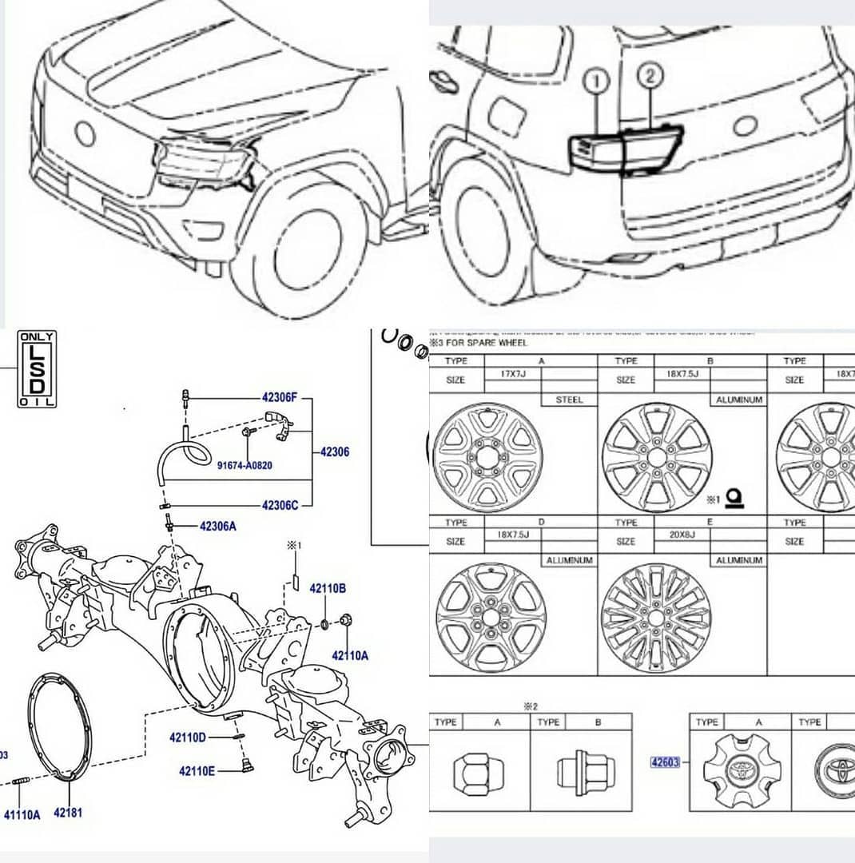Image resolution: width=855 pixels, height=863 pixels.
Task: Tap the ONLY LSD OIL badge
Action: tap(38, 369)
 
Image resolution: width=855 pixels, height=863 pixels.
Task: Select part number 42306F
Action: tap(279, 396)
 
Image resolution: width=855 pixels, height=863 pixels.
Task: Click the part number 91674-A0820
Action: tap(245, 465)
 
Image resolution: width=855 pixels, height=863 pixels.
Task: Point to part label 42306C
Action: tap(280, 505)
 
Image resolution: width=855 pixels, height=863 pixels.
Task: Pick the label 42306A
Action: tap(217, 526)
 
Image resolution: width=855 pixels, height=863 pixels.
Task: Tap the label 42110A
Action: tap(350, 655)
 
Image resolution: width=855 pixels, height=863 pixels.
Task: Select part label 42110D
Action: tap(188, 737)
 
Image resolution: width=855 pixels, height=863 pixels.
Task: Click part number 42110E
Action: tap(197, 771)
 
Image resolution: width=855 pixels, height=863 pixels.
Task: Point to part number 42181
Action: tap(68, 813)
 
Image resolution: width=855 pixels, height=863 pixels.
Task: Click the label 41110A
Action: tap(22, 815)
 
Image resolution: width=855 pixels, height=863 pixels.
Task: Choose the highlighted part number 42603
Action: tap(665, 762)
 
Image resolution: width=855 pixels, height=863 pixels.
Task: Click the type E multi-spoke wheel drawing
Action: tap(654, 617)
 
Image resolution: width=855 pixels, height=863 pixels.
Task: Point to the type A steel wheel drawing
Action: tap(487, 458)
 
